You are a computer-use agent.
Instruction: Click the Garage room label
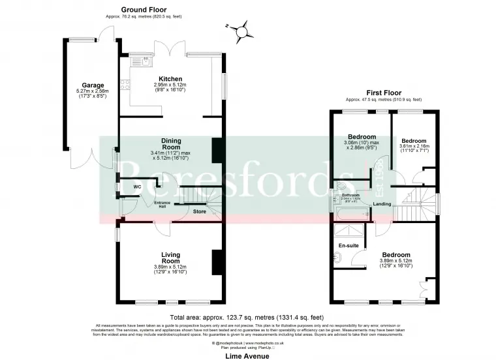90,85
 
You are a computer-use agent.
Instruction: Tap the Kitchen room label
170,79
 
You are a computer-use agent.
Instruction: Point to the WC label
138,187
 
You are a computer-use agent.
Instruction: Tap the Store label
200,212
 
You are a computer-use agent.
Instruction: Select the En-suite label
348,245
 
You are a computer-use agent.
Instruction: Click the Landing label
382,204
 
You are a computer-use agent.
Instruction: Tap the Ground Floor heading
144,10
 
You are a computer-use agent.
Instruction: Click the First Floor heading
383,93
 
